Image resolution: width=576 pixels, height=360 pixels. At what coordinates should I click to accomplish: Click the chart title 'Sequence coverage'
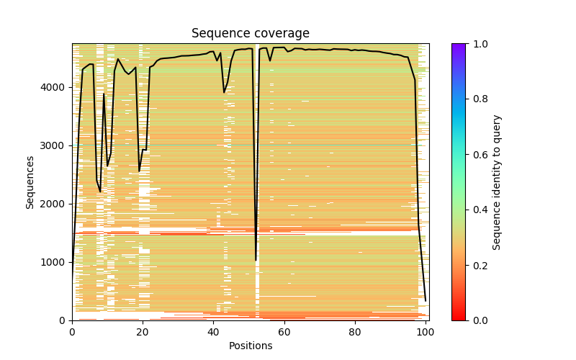coord(250,34)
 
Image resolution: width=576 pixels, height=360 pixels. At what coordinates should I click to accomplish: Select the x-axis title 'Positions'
coord(250,346)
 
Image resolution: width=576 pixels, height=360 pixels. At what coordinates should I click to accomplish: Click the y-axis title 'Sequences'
coord(30,181)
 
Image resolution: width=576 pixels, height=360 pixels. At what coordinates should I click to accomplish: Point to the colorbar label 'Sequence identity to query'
coord(497,181)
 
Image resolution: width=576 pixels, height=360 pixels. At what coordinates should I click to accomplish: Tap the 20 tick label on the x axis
coord(143,331)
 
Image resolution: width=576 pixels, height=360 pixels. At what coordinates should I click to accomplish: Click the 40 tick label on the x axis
coord(213,331)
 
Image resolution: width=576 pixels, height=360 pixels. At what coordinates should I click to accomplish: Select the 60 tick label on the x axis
coord(284,331)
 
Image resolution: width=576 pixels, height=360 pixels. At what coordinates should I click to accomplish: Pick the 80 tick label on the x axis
coord(354,331)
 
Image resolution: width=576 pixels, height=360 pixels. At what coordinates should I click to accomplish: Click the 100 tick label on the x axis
coord(425,331)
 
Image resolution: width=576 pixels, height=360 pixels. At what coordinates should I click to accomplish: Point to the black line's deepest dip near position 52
coord(256,260)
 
